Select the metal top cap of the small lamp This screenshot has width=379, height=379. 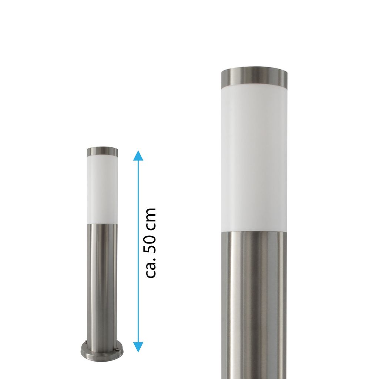[x=103, y=151]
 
